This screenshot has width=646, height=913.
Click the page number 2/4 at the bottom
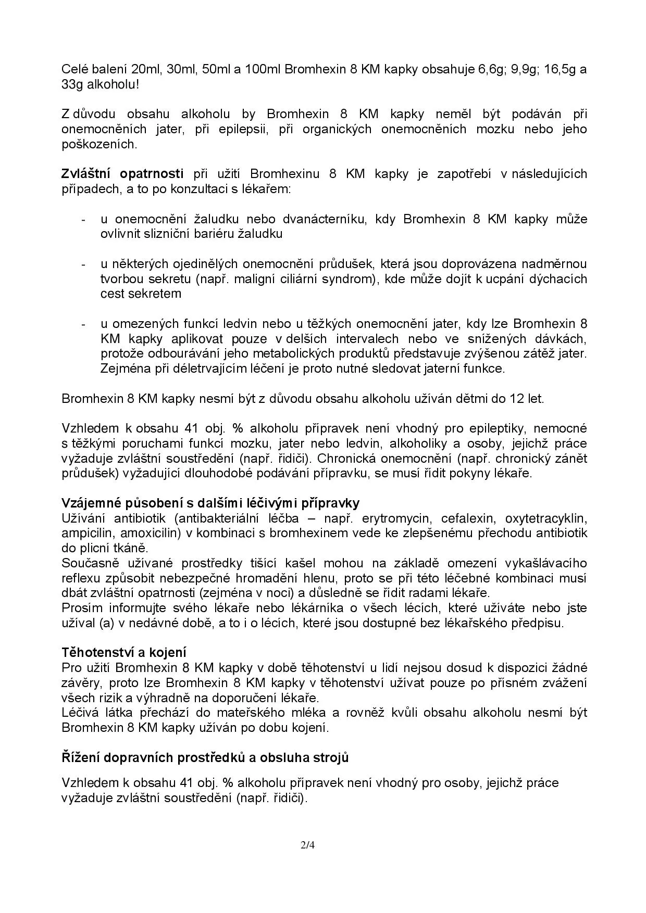(308, 845)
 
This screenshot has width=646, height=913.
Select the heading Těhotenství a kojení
(124, 652)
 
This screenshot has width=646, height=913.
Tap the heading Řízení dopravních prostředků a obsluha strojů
(205, 757)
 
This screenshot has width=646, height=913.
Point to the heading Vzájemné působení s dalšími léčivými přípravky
(210, 503)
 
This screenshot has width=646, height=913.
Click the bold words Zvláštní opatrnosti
(122, 173)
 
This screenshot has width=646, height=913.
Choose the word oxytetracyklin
(546, 518)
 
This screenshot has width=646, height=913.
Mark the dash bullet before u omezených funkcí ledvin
(83, 324)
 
